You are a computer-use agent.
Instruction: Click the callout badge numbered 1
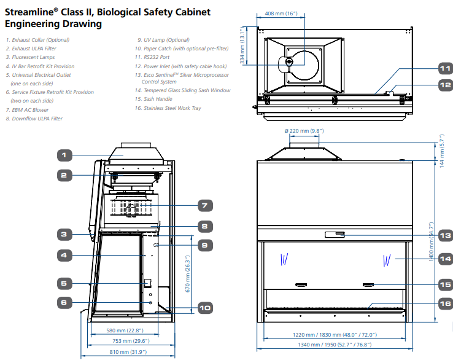64,155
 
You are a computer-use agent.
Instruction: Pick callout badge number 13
444,235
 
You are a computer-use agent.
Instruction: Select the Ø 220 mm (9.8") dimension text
304,131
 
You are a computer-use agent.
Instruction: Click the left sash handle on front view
300,284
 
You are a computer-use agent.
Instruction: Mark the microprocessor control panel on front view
335,235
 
